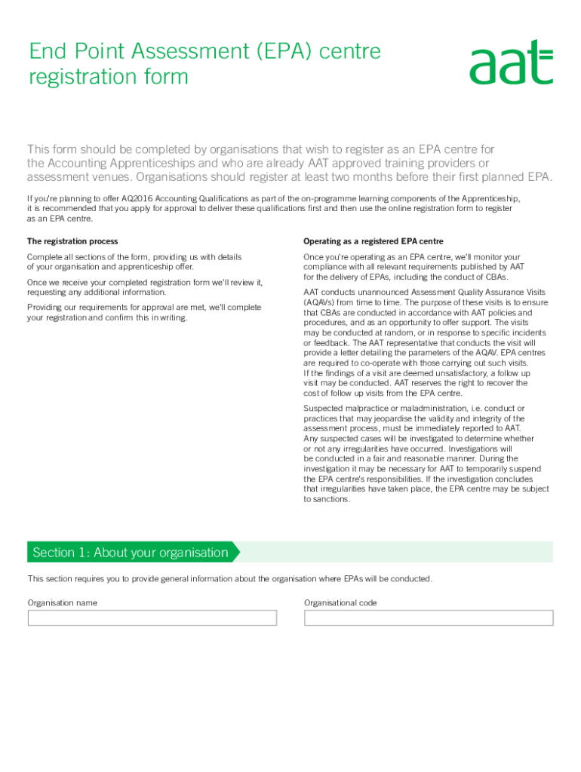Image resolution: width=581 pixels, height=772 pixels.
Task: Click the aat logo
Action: coord(511,62)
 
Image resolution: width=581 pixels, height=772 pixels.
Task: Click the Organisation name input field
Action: coord(152,618)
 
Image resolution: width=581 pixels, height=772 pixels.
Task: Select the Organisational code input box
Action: coord(429,618)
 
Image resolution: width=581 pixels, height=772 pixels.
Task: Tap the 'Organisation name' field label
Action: coord(62,603)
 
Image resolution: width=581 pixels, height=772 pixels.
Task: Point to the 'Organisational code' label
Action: coord(340,603)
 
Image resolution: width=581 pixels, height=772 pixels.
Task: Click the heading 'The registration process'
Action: coord(72,241)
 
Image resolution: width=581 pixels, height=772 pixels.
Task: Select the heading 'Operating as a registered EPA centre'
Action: coord(373,241)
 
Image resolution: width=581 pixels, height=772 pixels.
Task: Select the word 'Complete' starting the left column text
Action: coord(46,257)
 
